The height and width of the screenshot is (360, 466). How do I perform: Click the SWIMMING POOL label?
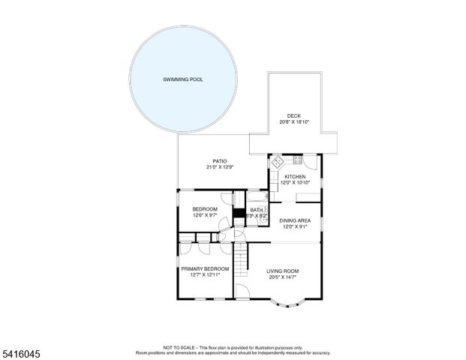pyautogui.click(x=184, y=79)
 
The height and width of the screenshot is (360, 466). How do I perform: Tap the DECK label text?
pyautogui.click(x=293, y=115)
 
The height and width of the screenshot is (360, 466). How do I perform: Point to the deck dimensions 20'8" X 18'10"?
pyautogui.click(x=293, y=121)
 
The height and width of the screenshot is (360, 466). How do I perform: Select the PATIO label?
pyautogui.click(x=220, y=160)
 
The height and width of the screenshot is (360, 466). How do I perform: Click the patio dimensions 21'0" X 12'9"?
pyautogui.click(x=220, y=166)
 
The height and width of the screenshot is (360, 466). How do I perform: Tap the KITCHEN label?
pyautogui.click(x=294, y=177)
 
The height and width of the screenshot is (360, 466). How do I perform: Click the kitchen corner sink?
pyautogui.click(x=275, y=160)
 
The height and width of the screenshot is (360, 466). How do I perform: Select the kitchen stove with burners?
pyautogui.click(x=297, y=160)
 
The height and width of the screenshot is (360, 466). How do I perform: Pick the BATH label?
pyautogui.click(x=257, y=210)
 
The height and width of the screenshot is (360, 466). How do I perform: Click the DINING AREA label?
pyautogui.click(x=294, y=220)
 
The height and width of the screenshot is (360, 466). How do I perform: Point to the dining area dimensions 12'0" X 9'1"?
pyautogui.click(x=294, y=226)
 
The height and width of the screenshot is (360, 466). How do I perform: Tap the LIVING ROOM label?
pyautogui.click(x=283, y=271)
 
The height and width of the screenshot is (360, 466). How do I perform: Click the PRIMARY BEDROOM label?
pyautogui.click(x=204, y=268)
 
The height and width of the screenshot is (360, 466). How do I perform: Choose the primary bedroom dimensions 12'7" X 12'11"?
pyautogui.click(x=204, y=274)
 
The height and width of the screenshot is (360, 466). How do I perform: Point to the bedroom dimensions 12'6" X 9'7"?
pyautogui.click(x=205, y=215)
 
